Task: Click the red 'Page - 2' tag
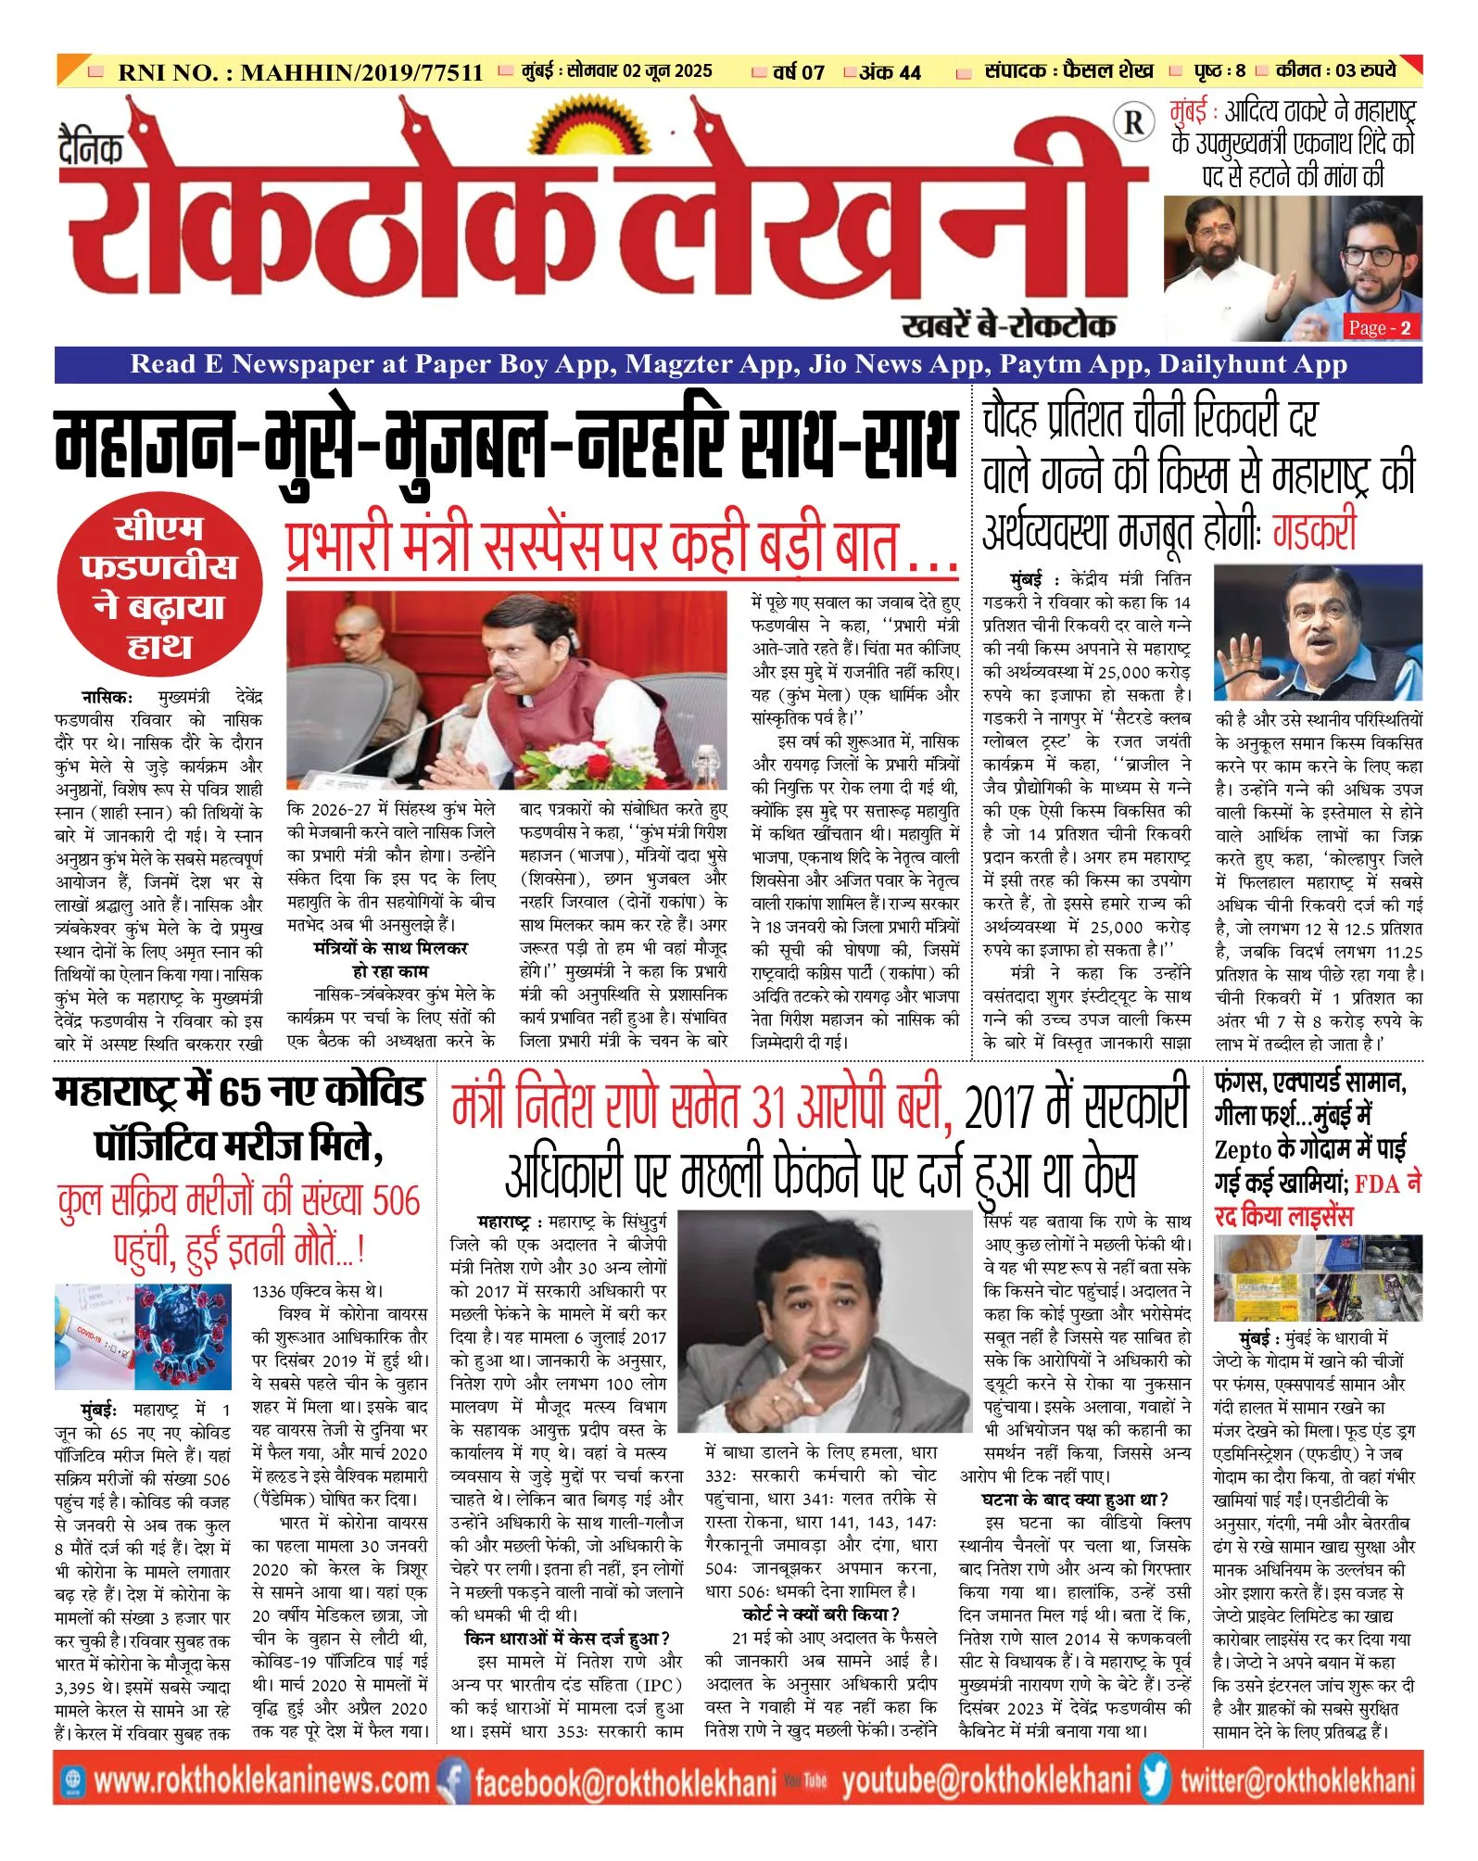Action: pyautogui.click(x=1379, y=328)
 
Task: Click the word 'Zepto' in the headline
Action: pyautogui.click(x=1243, y=1150)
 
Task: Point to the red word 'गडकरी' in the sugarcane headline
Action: pyautogui.click(x=1314, y=532)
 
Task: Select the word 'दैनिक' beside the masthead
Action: pyautogui.click(x=90, y=148)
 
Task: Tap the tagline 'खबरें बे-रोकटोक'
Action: pyautogui.click(x=1008, y=325)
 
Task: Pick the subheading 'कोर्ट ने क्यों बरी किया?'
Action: pyautogui.click(x=821, y=1614)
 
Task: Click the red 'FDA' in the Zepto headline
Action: pyautogui.click(x=1378, y=1184)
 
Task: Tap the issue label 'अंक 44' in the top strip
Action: pyautogui.click(x=889, y=72)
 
